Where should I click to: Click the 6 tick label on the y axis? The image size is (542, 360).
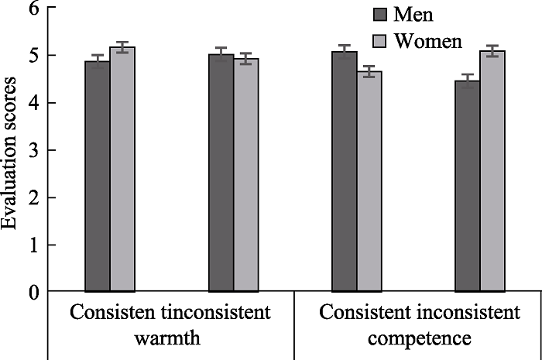[x=33, y=9]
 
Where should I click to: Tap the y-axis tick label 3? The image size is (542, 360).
[x=33, y=150]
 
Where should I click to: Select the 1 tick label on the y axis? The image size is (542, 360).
[x=33, y=245]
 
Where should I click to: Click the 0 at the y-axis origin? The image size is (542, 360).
[x=33, y=292]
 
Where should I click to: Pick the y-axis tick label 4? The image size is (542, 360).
[x=33, y=103]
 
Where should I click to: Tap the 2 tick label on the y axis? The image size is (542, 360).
[x=33, y=197]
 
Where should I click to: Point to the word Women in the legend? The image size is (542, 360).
[x=428, y=39]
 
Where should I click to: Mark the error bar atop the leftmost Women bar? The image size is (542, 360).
[x=122, y=47]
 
